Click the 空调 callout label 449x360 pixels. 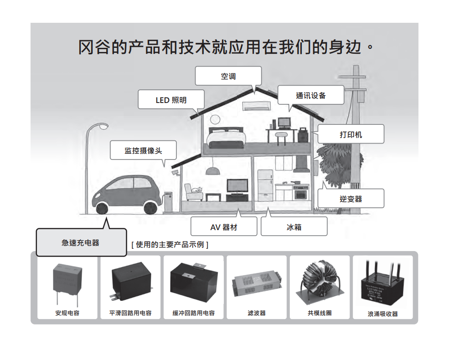(x=228, y=76)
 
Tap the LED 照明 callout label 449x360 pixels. (x=171, y=100)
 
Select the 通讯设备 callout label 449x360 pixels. (x=311, y=95)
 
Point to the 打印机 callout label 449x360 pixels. (x=351, y=134)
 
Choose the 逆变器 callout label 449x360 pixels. (x=351, y=199)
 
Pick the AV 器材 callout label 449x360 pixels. (x=223, y=226)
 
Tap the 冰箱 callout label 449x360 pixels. (x=294, y=226)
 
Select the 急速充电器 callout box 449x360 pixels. (x=81, y=242)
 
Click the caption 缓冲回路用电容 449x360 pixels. (x=193, y=314)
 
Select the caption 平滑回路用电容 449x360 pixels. (x=130, y=314)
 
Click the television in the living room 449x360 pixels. (x=238, y=186)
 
